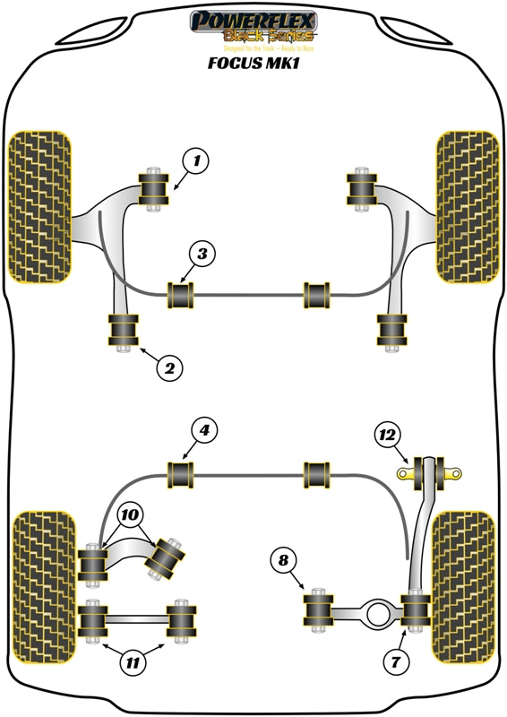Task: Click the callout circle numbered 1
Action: pyautogui.click(x=194, y=161)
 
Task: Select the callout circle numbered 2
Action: pyautogui.click(x=170, y=367)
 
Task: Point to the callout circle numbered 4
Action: pyautogui.click(x=205, y=431)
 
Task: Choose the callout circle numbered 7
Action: pyautogui.click(x=395, y=662)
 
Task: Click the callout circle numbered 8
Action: pyautogui.click(x=284, y=562)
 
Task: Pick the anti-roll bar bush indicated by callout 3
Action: pyautogui.click(x=183, y=293)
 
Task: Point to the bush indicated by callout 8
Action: pyautogui.click(x=318, y=611)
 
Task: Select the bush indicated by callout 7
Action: pyautogui.click(x=415, y=610)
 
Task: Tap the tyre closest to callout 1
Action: pyautogui.click(x=39, y=204)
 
